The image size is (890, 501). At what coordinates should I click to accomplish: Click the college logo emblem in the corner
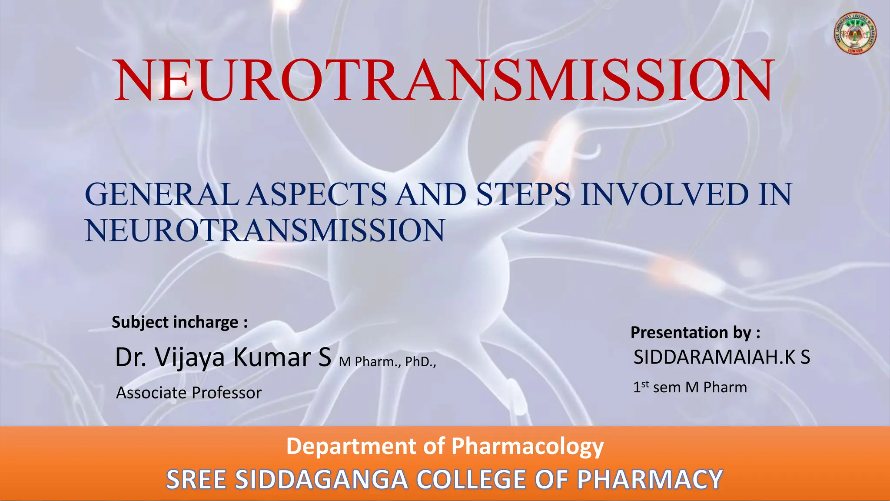tap(855, 33)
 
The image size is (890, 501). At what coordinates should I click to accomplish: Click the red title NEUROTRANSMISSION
tap(444, 80)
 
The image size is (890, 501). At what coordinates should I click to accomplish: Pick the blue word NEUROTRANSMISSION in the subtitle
tap(265, 230)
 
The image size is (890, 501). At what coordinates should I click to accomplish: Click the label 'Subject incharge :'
tap(180, 322)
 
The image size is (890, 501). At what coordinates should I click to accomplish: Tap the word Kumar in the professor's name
tap(272, 357)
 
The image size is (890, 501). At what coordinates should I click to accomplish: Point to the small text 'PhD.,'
tap(420, 362)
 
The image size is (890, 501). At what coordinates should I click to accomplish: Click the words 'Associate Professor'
tap(189, 393)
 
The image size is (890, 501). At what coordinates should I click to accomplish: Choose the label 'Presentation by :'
tap(695, 333)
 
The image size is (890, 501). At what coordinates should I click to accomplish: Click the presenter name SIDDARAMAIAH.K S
tap(721, 357)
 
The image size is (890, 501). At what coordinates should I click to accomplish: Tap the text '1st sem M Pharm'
tap(690, 387)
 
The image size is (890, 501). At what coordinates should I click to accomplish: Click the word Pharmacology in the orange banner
tap(527, 447)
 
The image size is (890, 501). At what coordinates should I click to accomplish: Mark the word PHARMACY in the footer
tap(650, 480)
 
